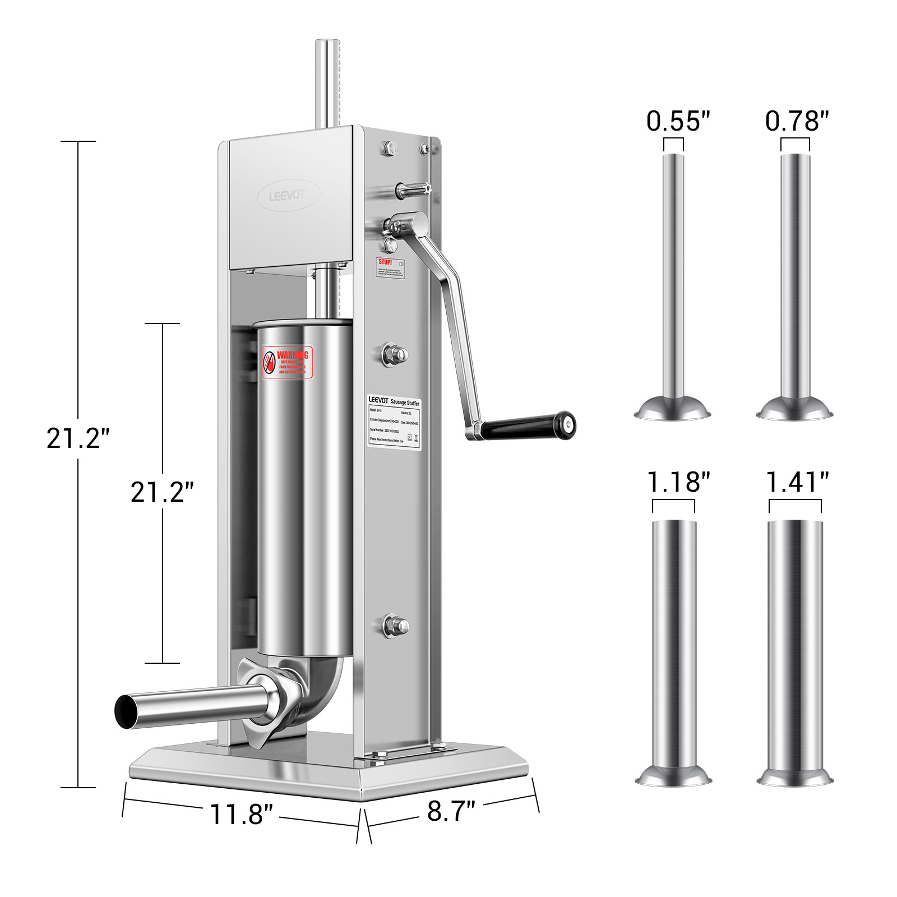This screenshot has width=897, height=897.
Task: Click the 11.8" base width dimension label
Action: pos(241,814)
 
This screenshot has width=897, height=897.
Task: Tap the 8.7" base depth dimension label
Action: pos(451,811)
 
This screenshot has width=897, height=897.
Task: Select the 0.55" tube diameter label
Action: pos(678,121)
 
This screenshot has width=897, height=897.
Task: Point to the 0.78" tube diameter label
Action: pos(797,121)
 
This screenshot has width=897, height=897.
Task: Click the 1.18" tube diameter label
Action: pos(678,482)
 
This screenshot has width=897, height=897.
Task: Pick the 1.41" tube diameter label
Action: pos(797,482)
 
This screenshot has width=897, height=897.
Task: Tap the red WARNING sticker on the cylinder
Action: pos(288,363)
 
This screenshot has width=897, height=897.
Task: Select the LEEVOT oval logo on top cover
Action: pos(288,195)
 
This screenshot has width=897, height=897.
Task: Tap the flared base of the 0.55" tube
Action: pos(672,410)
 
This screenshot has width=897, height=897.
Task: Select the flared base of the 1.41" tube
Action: pos(794,777)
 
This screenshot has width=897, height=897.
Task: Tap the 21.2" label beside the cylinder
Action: pos(162,492)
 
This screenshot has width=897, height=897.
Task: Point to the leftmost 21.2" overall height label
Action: pos(77,438)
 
